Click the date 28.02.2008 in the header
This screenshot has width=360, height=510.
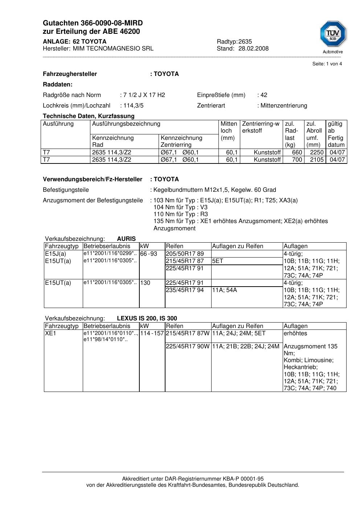[253, 49]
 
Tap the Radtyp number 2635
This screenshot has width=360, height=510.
[245, 41]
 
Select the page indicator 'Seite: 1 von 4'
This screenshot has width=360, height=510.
[327, 64]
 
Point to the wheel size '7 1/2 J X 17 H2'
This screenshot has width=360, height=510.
[144, 95]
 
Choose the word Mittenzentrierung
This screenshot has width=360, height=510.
[283, 106]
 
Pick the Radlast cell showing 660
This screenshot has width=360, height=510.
[297, 153]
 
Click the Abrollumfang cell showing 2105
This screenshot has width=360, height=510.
[316, 160]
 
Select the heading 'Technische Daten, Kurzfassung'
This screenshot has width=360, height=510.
[89, 116]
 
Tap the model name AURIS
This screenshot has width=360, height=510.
[126, 239]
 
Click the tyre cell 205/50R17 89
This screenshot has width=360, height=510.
[185, 254]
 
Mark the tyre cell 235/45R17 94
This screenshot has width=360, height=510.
[185, 290]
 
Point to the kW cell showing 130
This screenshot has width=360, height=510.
[145, 283]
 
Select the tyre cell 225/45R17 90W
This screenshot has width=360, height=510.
[188, 347]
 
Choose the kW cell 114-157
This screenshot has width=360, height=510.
[152, 333]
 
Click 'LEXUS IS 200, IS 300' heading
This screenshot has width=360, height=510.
[147, 319]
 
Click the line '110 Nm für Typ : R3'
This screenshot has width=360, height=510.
[181, 214]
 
